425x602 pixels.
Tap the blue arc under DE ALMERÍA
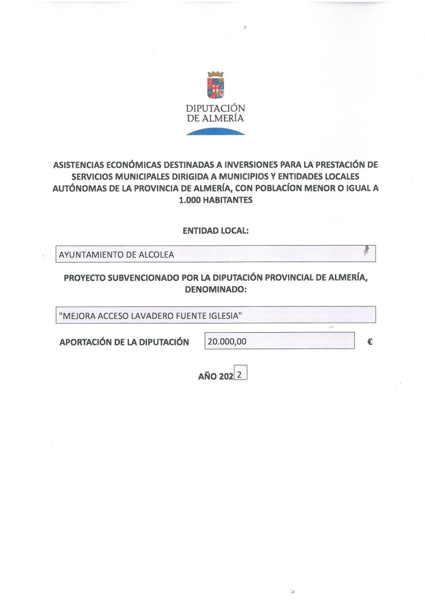click(216, 132)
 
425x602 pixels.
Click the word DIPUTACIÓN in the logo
click(216, 109)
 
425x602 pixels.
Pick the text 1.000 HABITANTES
click(216, 200)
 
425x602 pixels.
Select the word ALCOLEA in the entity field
click(157, 254)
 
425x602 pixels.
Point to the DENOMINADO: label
click(216, 290)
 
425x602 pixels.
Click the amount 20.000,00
click(226, 341)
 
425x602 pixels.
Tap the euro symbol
click(370, 341)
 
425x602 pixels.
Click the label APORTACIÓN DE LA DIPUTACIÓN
click(124, 342)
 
